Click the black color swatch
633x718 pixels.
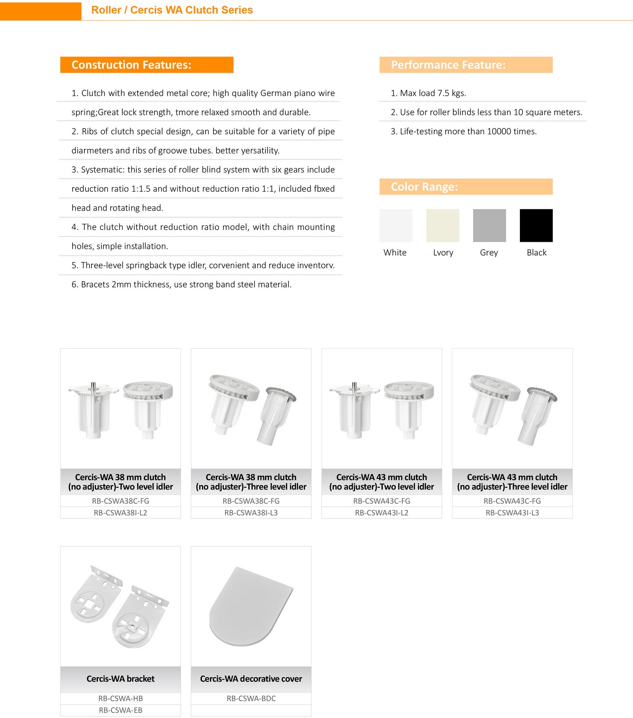(x=536, y=225)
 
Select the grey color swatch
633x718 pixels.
(x=489, y=225)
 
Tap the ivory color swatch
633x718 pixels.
(x=443, y=225)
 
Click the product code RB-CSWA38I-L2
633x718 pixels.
(x=120, y=513)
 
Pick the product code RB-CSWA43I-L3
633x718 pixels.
(x=512, y=513)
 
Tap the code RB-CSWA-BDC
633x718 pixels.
(x=251, y=699)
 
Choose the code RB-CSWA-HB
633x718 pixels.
(x=120, y=699)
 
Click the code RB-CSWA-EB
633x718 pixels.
(x=120, y=710)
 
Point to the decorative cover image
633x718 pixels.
(x=251, y=606)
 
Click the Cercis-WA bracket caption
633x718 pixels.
(x=120, y=679)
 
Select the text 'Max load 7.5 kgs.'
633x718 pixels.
(x=428, y=93)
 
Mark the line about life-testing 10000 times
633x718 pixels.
(x=464, y=132)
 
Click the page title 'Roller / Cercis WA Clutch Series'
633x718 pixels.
(x=172, y=10)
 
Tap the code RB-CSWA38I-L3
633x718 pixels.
(x=251, y=513)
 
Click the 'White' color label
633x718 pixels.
(x=395, y=253)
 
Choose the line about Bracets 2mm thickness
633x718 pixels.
(x=181, y=285)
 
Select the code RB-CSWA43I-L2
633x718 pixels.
(x=381, y=513)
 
